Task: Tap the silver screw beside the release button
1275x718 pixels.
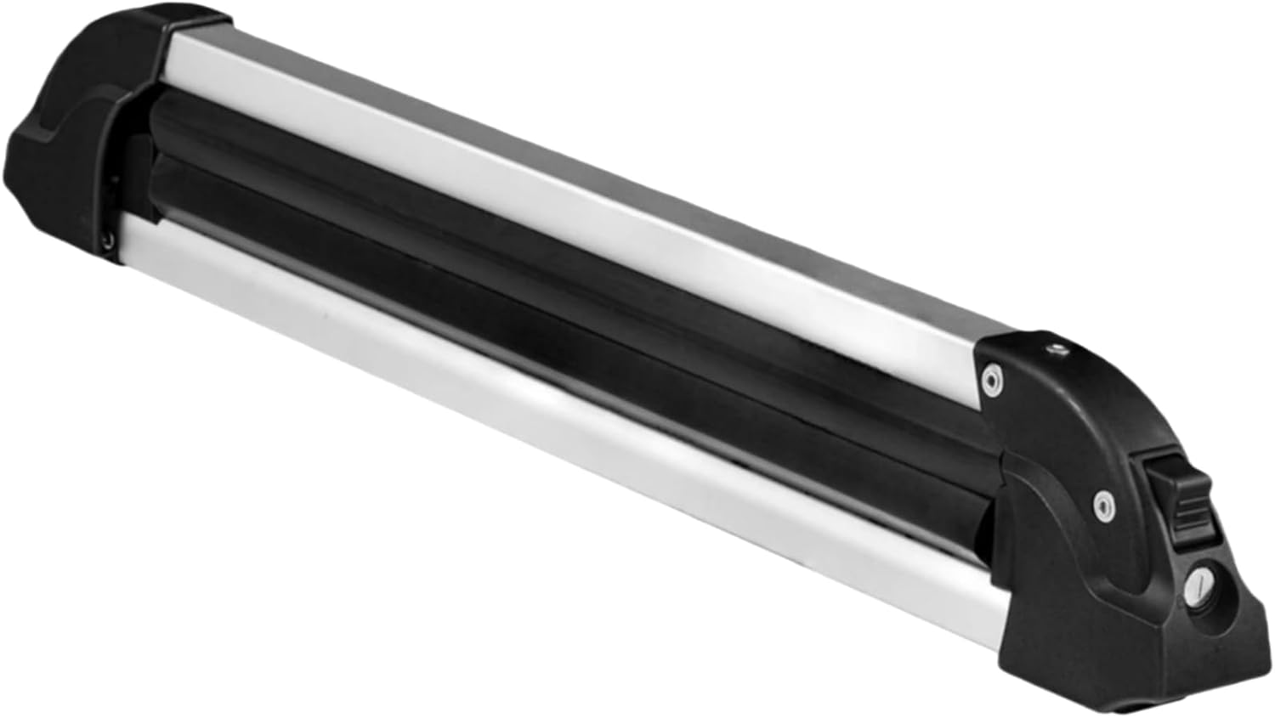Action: [1102, 503]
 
